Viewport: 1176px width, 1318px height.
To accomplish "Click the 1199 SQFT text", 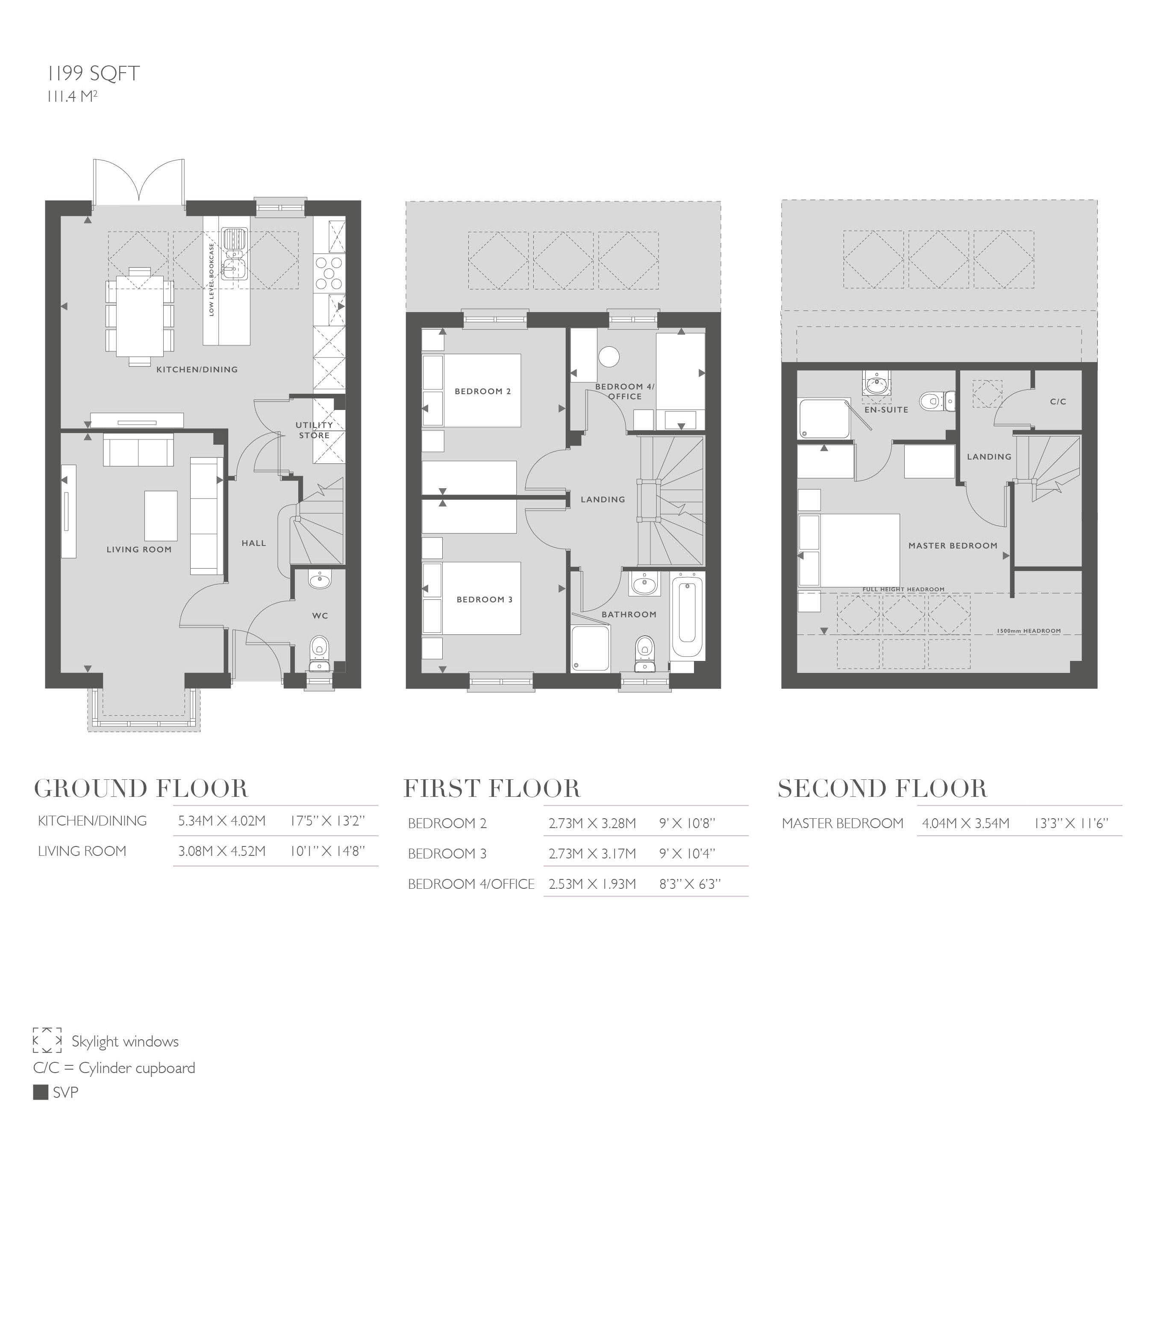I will [x=94, y=74].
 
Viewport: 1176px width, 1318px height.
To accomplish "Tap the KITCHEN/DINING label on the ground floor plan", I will [x=197, y=370].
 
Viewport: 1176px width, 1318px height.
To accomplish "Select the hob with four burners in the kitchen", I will [x=329, y=273].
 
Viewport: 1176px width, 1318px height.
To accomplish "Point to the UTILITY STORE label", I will [x=314, y=430].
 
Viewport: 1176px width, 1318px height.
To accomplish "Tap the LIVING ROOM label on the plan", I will [x=139, y=549].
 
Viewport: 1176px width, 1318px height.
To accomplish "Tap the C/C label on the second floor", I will [x=1058, y=401].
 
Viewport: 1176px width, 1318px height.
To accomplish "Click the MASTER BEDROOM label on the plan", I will [x=953, y=545].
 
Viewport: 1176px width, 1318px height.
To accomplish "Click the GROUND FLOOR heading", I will [x=141, y=789].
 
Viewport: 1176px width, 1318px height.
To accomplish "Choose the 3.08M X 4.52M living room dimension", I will [x=222, y=851].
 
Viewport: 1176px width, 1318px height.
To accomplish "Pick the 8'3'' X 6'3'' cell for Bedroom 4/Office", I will [x=689, y=884].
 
